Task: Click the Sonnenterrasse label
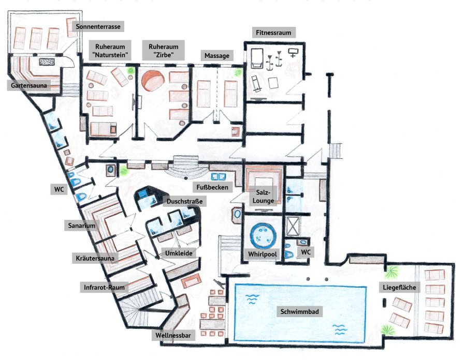click(x=98, y=26)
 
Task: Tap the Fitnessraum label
click(x=273, y=33)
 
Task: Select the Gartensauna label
click(x=29, y=86)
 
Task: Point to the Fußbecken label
click(x=212, y=187)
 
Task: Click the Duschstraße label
click(x=184, y=201)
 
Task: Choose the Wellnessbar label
click(x=173, y=335)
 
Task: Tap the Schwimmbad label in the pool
click(x=300, y=311)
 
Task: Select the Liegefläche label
click(x=399, y=287)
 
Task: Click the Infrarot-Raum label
click(x=104, y=287)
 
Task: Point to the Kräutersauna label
click(x=95, y=258)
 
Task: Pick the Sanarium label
click(x=82, y=226)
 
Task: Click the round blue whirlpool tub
click(x=263, y=235)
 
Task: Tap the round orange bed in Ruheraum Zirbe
click(x=153, y=80)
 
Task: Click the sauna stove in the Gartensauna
click(x=47, y=62)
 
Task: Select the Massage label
click(x=217, y=55)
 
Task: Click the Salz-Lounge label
click(x=264, y=197)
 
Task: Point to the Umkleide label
click(x=179, y=253)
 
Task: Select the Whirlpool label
click(x=263, y=254)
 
